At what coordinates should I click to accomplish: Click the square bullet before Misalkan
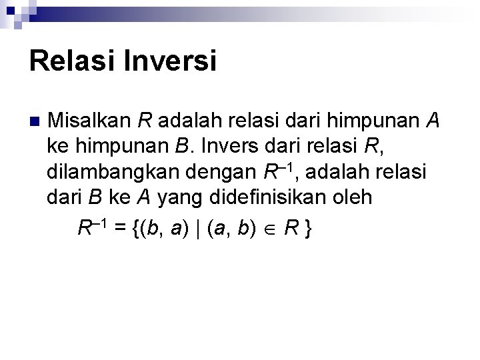click(x=35, y=122)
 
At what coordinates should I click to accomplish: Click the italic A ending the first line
click(x=432, y=121)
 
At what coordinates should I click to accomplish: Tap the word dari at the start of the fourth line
click(x=63, y=198)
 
